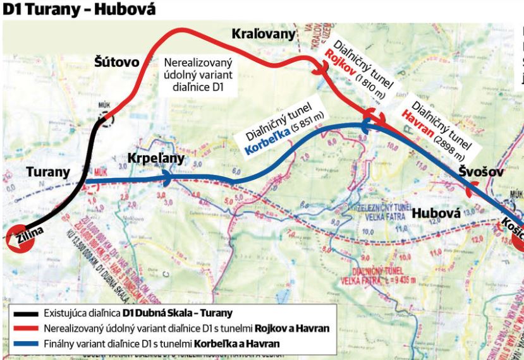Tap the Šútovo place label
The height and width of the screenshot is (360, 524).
pos(118,62)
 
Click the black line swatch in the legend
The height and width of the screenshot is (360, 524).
pos(25,313)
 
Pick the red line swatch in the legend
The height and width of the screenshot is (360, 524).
pos(25,328)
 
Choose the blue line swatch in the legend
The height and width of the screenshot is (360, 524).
pos(25,342)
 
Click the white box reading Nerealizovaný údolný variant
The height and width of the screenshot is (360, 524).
pos(198,75)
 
